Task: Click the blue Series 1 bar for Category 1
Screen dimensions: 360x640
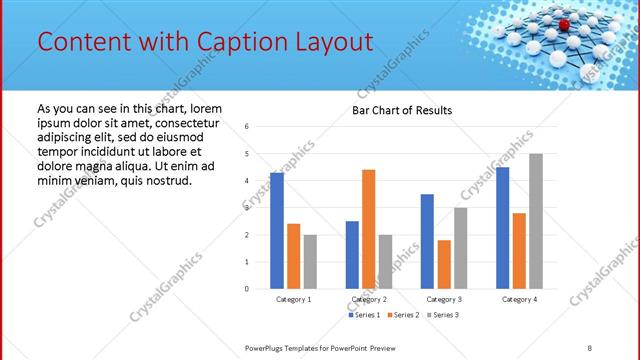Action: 277,230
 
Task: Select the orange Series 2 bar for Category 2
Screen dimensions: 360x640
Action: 368,229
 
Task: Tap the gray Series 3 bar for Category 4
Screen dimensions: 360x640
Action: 536,221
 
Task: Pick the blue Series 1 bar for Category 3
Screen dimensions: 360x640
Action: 427,241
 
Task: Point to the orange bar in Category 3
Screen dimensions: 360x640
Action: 444,264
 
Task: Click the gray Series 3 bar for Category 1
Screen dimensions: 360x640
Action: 310,261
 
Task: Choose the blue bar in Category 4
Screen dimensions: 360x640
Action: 502,227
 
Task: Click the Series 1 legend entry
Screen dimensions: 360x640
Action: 365,315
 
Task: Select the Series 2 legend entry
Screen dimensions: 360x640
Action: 406,315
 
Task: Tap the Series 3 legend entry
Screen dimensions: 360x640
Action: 446,315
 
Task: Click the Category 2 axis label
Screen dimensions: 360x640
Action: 369,299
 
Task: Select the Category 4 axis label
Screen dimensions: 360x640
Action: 519,299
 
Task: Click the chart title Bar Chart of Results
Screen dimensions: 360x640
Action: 402,110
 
